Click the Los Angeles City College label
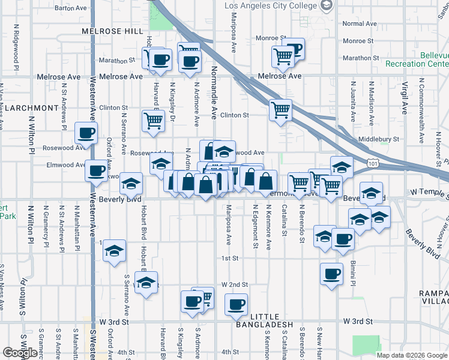point(270,5)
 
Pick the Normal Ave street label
point(359,24)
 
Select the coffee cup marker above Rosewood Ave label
point(85,133)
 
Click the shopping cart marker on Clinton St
point(281,110)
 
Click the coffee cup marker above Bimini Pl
point(331,274)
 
